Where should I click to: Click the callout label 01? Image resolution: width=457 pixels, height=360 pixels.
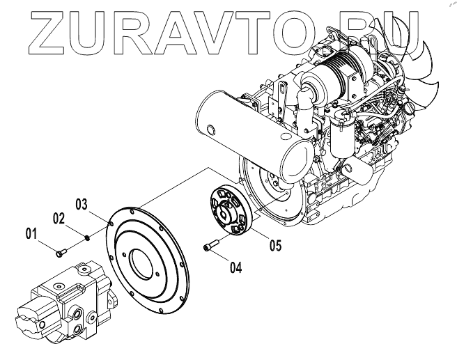pyautogui.click(x=31, y=234)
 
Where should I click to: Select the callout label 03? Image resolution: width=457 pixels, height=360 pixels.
pyautogui.click(x=83, y=205)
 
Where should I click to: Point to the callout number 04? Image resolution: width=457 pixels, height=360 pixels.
pyautogui.click(x=235, y=266)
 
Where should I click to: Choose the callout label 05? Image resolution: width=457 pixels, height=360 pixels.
pyautogui.click(x=274, y=245)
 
